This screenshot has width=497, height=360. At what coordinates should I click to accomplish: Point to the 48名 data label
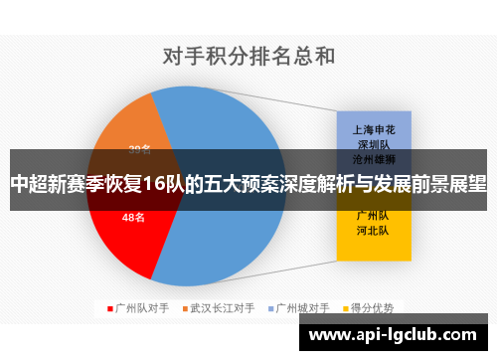133,217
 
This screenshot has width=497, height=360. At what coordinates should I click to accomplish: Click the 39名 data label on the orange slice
139,149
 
